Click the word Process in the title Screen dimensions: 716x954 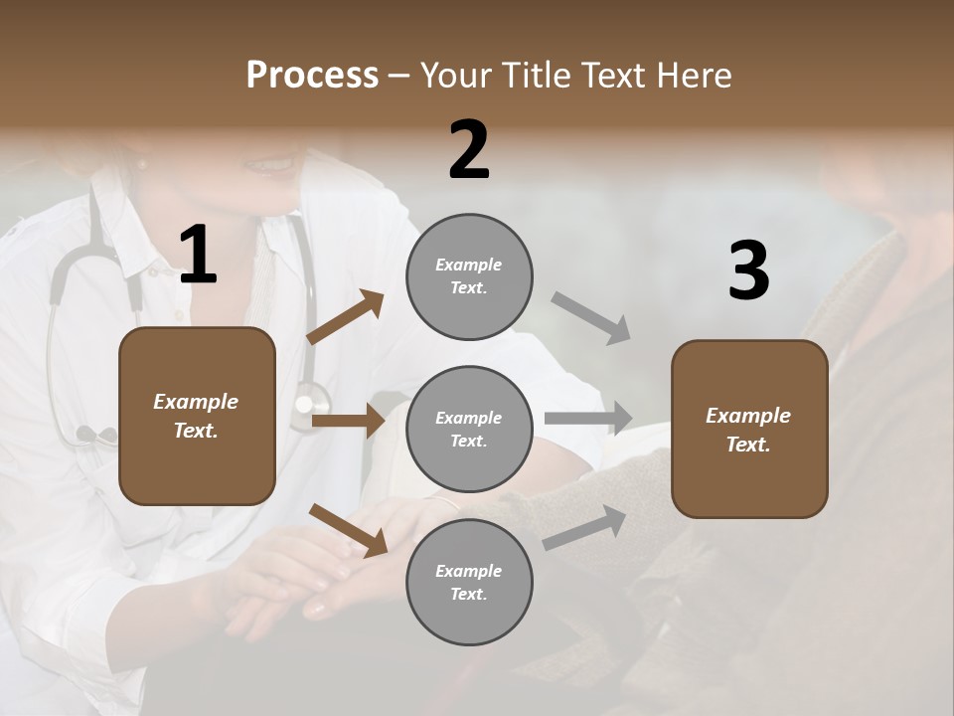pos(312,76)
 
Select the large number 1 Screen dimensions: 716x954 pos(198,255)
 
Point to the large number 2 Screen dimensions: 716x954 pos(469,150)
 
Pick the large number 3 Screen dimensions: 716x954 pos(748,270)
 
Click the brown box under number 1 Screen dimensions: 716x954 pos(197,416)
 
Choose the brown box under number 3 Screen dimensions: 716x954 pos(749,429)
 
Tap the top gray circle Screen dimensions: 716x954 pos(469,276)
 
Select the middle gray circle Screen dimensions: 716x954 pos(469,429)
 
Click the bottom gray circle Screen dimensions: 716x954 pos(469,582)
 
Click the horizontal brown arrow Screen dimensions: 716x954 pos(348,421)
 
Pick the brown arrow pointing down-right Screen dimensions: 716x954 pos(348,529)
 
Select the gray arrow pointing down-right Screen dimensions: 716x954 pos(591,318)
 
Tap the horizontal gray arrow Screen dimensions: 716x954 pos(588,419)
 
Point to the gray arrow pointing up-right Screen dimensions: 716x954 pos(585,527)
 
